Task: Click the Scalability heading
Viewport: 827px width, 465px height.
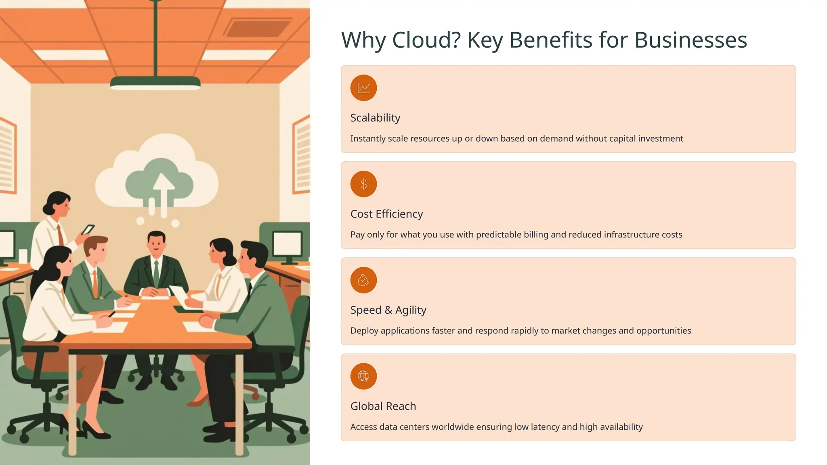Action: tap(375, 118)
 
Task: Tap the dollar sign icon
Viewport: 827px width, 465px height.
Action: tap(363, 184)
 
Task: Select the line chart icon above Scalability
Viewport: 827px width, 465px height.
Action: tap(363, 88)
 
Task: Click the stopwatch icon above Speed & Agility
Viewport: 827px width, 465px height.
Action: tap(363, 280)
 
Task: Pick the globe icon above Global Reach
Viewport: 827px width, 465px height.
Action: tap(363, 376)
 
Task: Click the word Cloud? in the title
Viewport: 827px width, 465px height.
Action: tap(426, 40)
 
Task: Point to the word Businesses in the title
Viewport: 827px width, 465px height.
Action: tap(691, 40)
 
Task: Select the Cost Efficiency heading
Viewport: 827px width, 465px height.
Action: tap(386, 214)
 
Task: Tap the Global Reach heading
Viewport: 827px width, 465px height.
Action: tap(383, 406)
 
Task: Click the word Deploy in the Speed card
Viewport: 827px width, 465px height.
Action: tap(364, 331)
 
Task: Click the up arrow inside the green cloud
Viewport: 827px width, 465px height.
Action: tap(163, 190)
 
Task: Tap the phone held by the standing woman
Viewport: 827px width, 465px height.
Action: tap(88, 230)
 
